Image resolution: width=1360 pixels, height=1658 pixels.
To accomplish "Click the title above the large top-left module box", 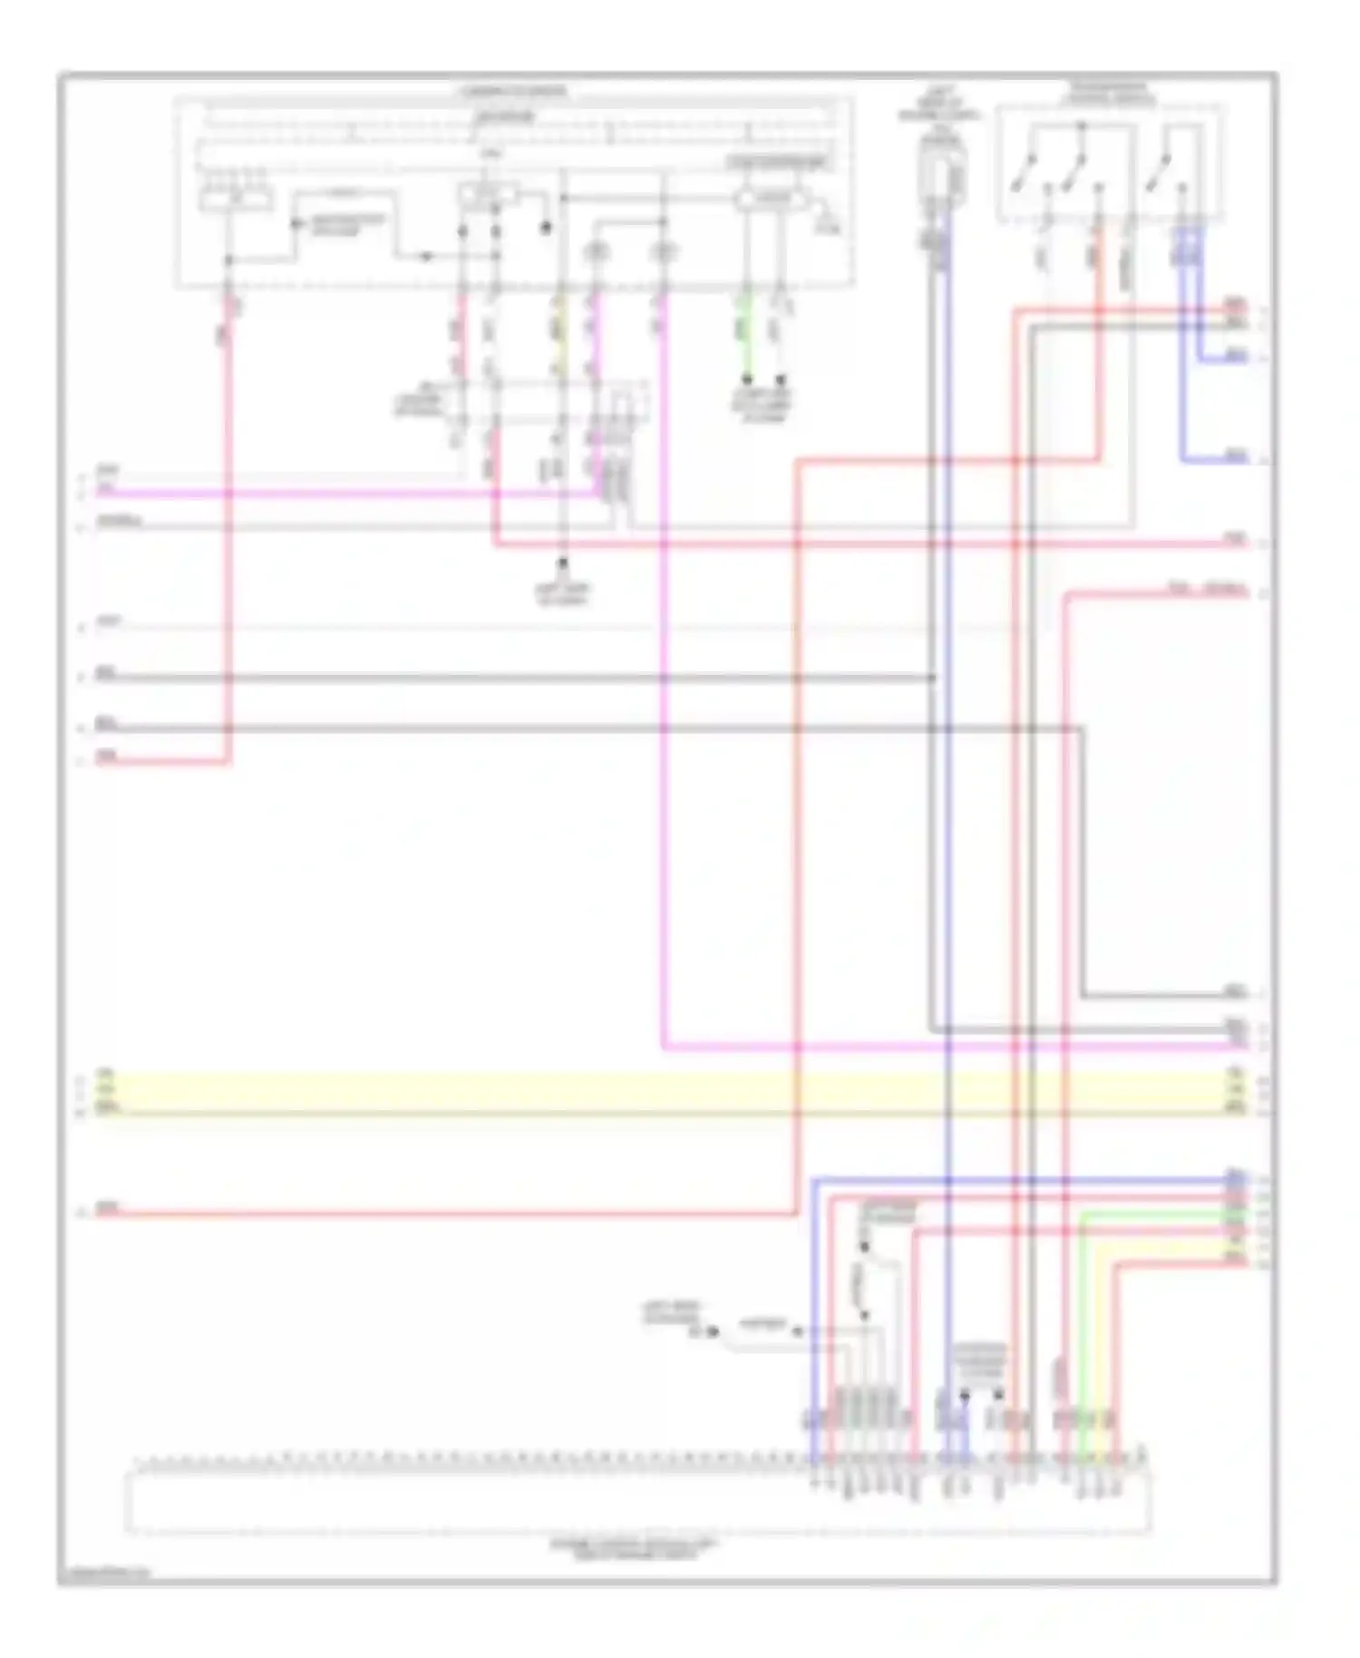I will click(x=512, y=92).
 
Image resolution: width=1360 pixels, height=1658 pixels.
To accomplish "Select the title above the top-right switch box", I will click(x=1110, y=94).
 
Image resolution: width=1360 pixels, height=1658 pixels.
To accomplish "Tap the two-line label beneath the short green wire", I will click(x=763, y=406).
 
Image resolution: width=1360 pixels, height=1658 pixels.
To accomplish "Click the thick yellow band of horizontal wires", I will click(x=671, y=1094).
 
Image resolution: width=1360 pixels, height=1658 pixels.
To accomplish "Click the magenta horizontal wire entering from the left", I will click(x=345, y=494).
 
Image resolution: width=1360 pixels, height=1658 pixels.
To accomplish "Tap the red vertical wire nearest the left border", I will click(x=228, y=544).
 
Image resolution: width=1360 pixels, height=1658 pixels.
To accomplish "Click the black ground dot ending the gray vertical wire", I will click(x=562, y=563).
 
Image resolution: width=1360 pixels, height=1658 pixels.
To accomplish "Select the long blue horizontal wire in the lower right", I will click(x=1025, y=1180).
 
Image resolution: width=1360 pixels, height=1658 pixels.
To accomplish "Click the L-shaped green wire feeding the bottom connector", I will click(x=1082, y=1315).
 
